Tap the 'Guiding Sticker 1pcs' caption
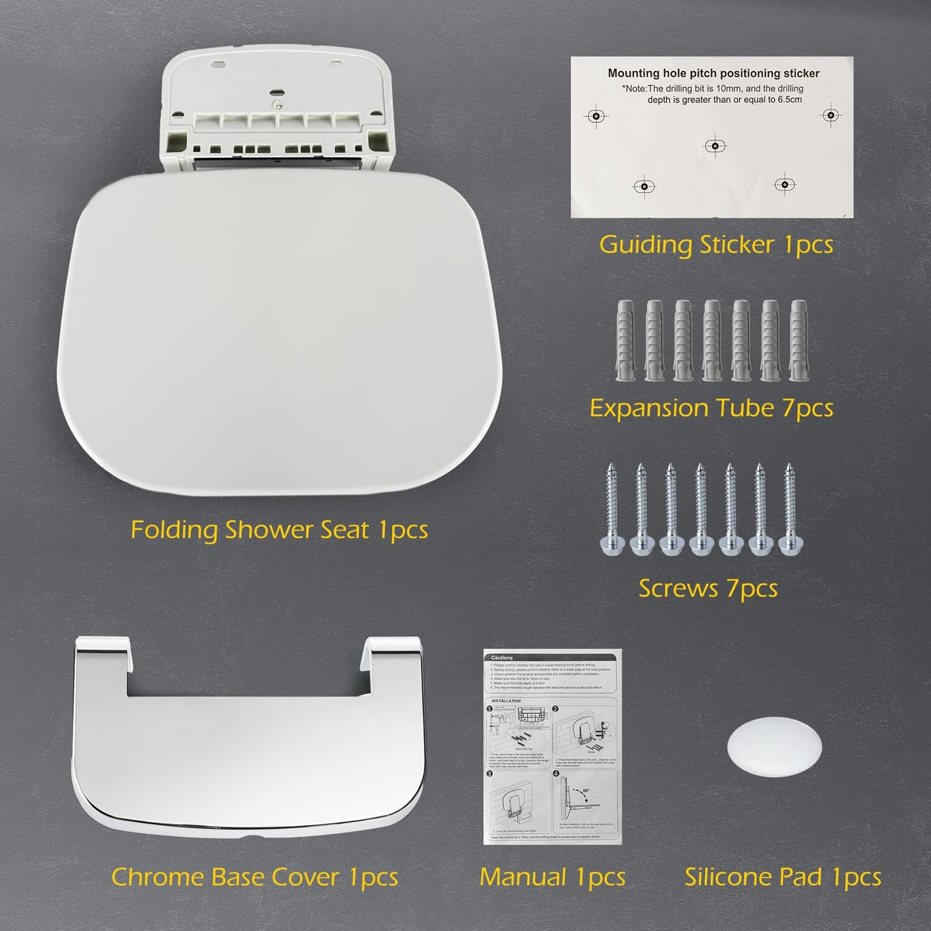[716, 245]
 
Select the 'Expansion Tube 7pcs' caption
[711, 408]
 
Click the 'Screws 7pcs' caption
[708, 588]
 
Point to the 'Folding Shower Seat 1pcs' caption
[279, 530]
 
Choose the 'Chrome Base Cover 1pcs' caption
[254, 877]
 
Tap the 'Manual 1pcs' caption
[552, 877]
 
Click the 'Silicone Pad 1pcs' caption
[783, 877]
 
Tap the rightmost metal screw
[791, 509]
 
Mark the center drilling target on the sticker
[715, 146]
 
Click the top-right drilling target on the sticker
[830, 115]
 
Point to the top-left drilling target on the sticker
[596, 116]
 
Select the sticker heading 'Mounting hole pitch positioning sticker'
[713, 73]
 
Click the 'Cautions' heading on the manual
[502, 658]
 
